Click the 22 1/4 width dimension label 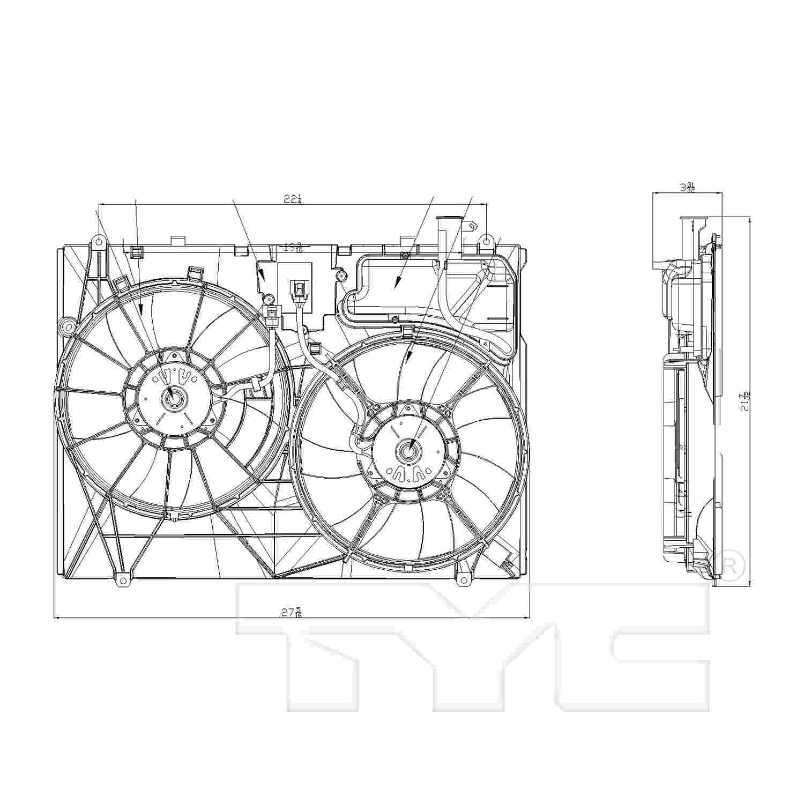[x=292, y=199]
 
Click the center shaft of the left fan [x=174, y=398]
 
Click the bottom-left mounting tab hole [x=123, y=580]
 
